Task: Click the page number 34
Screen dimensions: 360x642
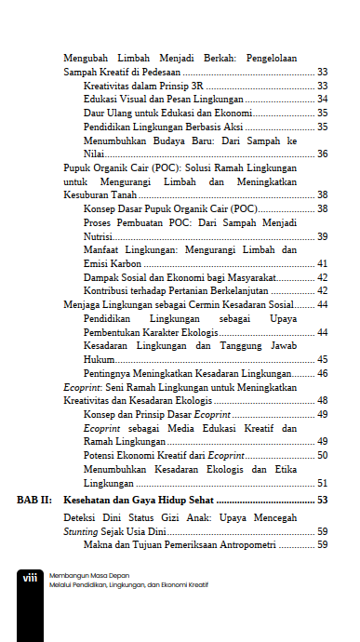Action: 321,99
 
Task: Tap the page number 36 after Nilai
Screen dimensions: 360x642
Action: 321,154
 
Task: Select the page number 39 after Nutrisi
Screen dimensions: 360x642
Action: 321,236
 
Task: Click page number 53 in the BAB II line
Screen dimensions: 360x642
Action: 321,501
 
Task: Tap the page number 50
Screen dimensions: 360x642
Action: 321,455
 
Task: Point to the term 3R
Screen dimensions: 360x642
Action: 197,85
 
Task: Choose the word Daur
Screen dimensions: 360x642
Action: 94,113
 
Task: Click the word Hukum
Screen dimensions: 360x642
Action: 98,359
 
